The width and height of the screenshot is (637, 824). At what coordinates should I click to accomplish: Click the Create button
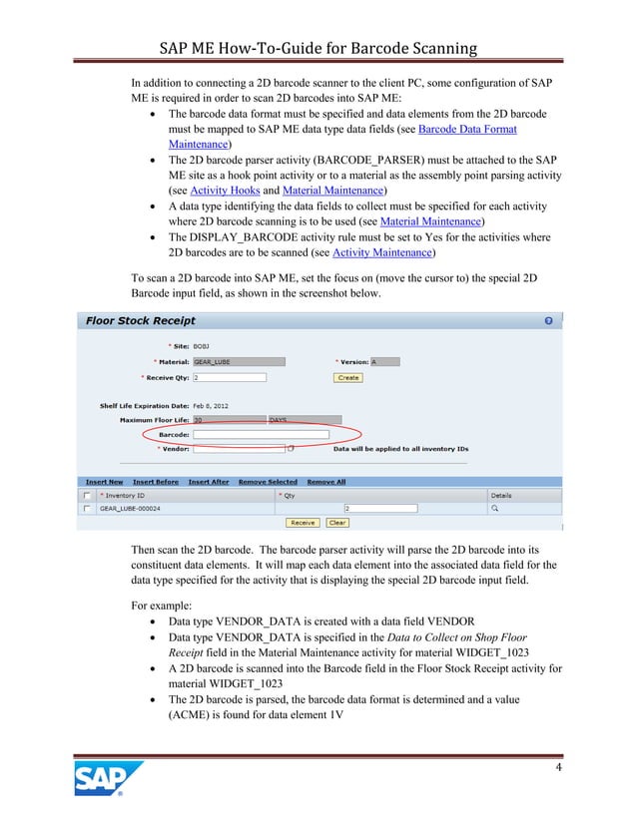(348, 378)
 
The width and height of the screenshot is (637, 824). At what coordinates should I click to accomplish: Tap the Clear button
(337, 522)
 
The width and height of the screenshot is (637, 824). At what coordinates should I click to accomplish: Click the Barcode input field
(261, 435)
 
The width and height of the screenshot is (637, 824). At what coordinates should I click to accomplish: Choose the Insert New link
(105, 482)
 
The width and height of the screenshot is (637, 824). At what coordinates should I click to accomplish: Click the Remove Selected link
(269, 482)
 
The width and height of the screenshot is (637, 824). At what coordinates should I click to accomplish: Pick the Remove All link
(326, 482)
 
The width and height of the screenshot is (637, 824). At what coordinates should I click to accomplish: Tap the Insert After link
(208, 482)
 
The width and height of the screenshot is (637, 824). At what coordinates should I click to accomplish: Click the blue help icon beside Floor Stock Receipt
(548, 321)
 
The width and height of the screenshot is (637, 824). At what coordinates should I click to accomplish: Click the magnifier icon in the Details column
(493, 508)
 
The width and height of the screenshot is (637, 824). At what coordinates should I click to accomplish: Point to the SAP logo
(108, 780)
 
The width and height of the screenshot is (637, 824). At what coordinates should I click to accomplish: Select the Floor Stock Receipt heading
(141, 321)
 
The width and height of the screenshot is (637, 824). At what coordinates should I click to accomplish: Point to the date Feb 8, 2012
(216, 407)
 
